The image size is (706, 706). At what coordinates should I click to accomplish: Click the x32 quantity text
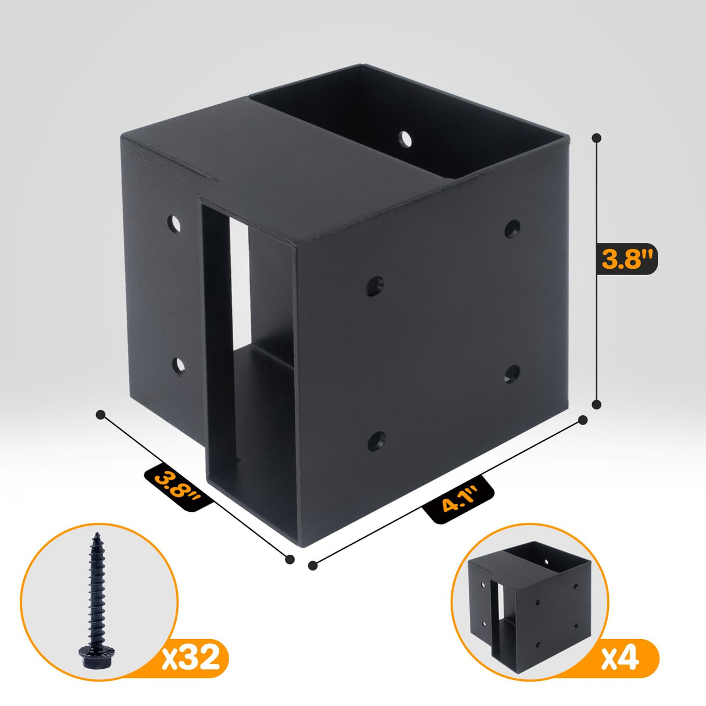[191, 657]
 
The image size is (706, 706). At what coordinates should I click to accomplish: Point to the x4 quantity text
[621, 659]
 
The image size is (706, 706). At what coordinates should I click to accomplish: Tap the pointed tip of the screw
[94, 536]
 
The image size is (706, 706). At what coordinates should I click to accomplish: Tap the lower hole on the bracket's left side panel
[179, 365]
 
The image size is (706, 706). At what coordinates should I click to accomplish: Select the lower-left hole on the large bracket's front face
[376, 440]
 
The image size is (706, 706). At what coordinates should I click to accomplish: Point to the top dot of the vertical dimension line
[596, 138]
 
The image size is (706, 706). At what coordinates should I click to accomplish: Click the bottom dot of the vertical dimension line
[596, 404]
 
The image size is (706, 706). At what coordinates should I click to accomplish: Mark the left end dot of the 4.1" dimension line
[313, 565]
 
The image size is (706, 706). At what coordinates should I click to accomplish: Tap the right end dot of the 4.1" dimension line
[583, 419]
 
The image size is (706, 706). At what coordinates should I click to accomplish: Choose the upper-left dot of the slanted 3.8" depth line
[101, 415]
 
